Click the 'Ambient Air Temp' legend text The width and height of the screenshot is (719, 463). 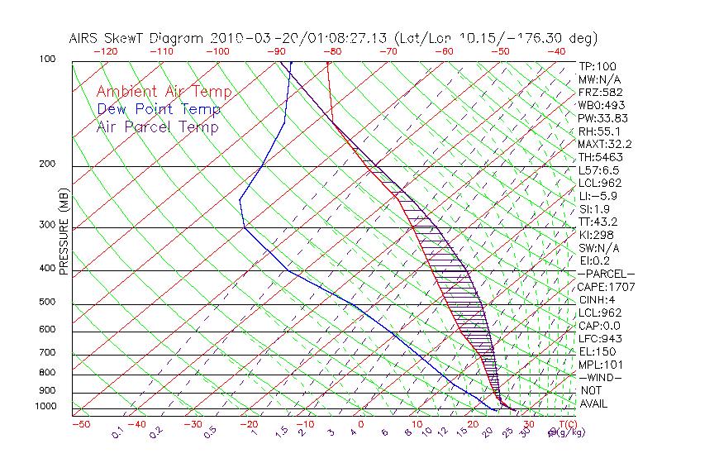[164, 92]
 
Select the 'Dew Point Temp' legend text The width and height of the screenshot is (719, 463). [159, 109]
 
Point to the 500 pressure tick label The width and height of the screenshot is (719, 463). [47, 303]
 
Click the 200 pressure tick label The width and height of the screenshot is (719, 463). [47, 165]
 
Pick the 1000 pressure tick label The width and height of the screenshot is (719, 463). [45, 407]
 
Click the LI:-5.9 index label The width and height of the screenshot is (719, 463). [598, 196]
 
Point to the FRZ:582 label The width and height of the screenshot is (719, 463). [600, 92]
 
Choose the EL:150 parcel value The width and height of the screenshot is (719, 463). [597, 351]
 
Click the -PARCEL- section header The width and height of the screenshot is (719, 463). [606, 274]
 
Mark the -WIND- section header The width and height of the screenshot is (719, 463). [601, 377]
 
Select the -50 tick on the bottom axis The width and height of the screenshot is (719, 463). [81, 424]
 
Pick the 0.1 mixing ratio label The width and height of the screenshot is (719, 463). [117, 432]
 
